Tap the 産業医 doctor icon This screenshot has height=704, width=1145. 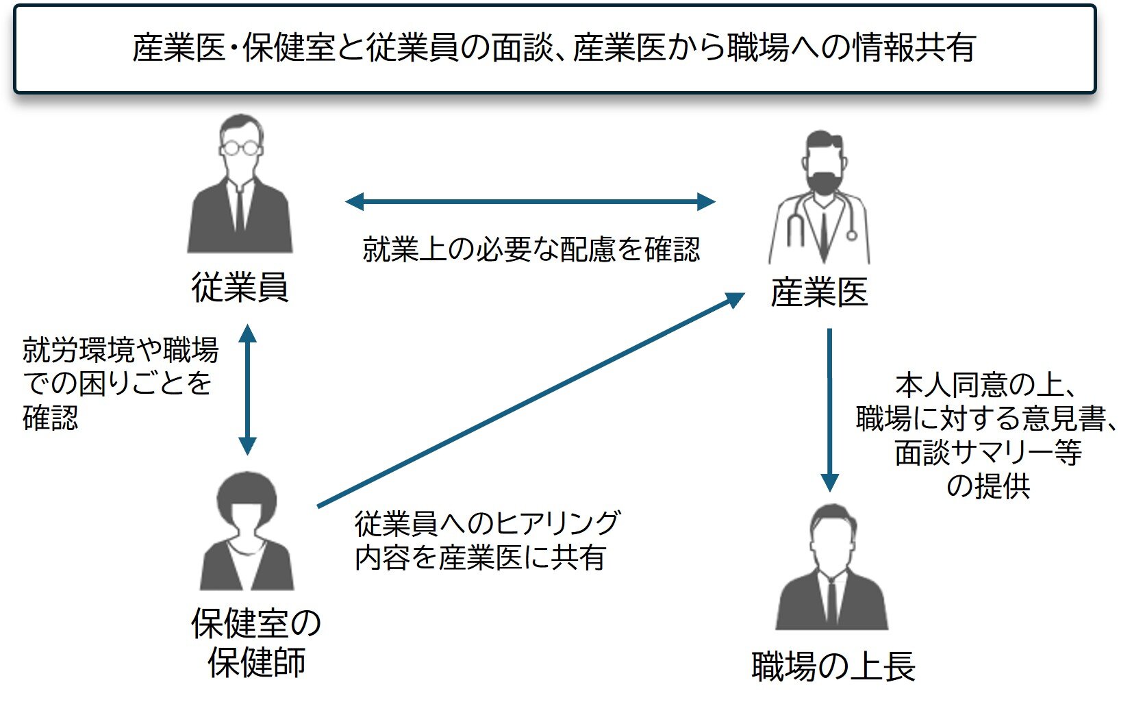click(820, 199)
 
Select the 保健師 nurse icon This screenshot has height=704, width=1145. click(247, 531)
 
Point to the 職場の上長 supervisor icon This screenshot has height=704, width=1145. click(831, 568)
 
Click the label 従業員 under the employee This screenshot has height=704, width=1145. click(240, 287)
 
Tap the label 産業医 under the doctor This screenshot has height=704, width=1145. click(819, 292)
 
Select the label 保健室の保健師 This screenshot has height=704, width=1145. click(256, 642)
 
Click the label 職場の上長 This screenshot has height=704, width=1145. click(833, 666)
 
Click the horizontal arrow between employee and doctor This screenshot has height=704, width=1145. click(530, 201)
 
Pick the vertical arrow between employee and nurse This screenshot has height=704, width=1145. click(247, 389)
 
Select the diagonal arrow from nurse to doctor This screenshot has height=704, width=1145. click(531, 401)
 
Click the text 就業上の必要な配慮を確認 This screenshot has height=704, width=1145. click(531, 249)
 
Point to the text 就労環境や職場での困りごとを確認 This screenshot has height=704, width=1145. click(119, 384)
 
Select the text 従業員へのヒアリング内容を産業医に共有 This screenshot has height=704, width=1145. click(487, 540)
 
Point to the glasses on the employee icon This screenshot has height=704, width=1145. click(240, 147)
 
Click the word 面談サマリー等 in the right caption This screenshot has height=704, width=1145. click(987, 453)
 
